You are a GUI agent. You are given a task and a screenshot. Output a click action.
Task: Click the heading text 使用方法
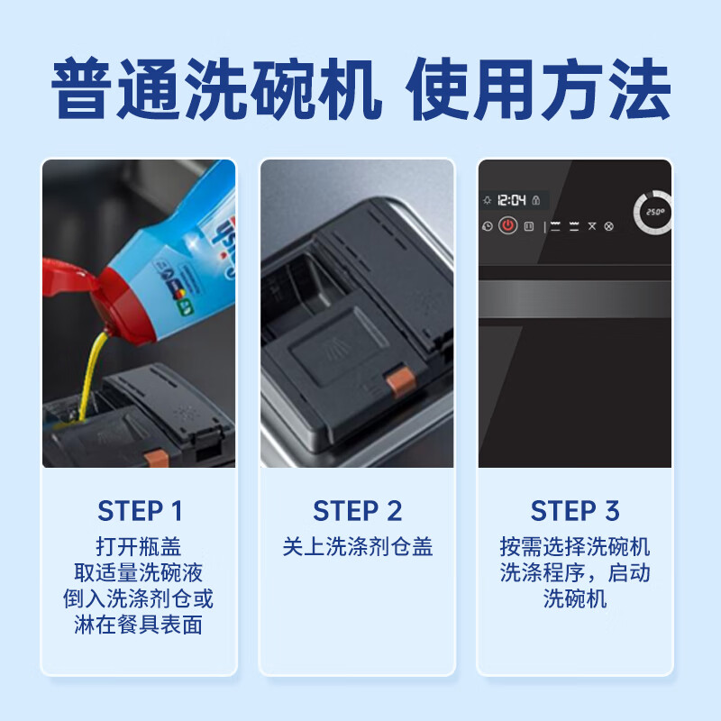point(539,90)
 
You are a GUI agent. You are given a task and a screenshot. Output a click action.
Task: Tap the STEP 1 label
point(140,511)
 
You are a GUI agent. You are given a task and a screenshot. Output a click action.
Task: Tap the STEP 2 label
point(358,511)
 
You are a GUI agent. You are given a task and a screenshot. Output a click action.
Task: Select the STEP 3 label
point(575,511)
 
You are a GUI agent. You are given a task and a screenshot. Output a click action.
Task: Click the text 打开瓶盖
point(140,547)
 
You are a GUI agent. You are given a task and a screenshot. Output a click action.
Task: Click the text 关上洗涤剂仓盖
point(358,547)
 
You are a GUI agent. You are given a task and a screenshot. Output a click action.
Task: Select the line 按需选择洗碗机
point(575,547)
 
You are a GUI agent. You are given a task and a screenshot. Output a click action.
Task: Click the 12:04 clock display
point(511,201)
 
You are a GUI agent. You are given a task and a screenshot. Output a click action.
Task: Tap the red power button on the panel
point(508,226)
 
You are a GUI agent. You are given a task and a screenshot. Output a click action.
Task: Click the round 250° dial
point(653,212)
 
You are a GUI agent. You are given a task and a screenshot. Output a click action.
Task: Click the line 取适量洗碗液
point(140,573)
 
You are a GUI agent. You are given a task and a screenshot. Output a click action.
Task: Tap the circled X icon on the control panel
point(608,226)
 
